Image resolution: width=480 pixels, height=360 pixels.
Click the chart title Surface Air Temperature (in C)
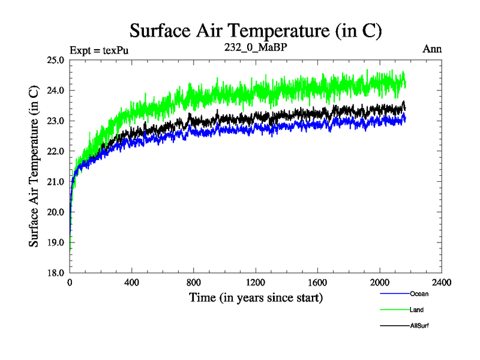256,30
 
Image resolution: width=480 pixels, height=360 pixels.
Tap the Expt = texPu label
99,50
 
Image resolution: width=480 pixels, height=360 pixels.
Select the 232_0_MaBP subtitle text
256,46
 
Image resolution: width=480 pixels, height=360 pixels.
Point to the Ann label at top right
432,49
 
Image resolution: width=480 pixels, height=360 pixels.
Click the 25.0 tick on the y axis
56,60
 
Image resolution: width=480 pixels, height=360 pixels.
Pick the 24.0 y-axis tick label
56,91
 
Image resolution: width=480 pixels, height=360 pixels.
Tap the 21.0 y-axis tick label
56,182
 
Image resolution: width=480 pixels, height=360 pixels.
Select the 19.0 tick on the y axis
56,242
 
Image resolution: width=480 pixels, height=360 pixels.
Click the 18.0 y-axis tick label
56,273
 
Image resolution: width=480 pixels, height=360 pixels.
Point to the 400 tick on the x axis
132,283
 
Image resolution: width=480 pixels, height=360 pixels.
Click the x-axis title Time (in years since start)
256,297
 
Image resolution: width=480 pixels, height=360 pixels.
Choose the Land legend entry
417,310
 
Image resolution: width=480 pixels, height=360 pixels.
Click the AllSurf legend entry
419,326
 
